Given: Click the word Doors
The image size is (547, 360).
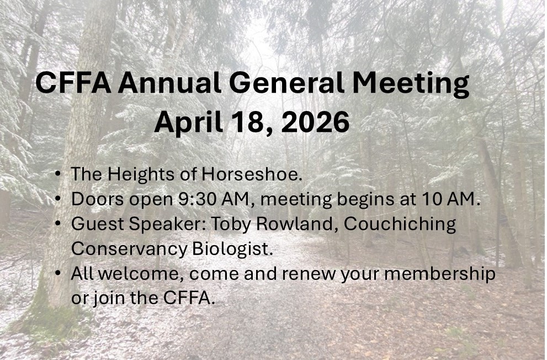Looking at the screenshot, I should pos(95,199).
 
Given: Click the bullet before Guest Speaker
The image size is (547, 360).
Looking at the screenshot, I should pos(58,224).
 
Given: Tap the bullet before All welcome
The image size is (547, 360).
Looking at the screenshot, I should pos(58,274).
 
